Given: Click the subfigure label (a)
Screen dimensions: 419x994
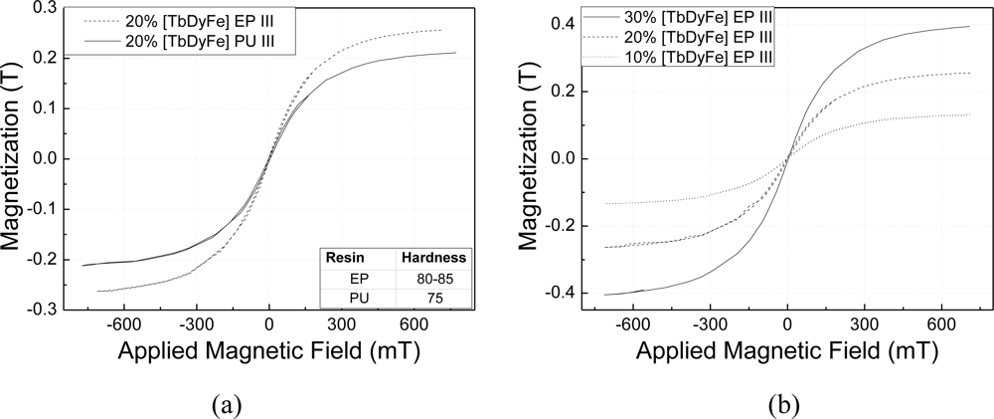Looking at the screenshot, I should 227,405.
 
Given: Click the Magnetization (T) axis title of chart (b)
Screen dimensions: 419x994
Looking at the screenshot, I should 530,159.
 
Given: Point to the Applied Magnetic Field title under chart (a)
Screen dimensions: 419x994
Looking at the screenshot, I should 269,353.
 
